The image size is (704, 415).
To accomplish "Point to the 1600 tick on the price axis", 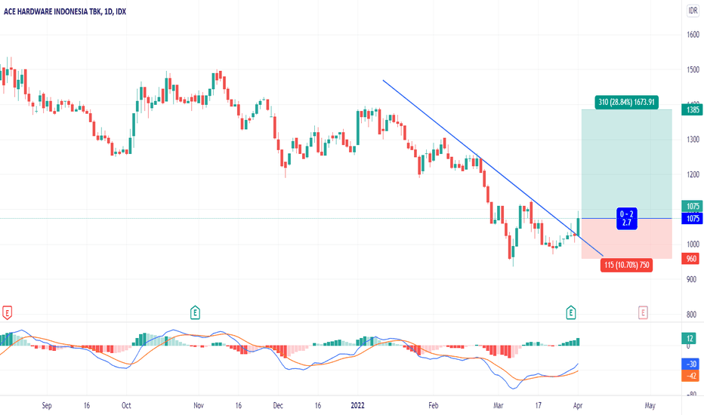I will [x=693, y=34].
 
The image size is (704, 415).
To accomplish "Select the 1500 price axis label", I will [x=693, y=69].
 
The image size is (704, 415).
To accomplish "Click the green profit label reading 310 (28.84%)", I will [x=626, y=102].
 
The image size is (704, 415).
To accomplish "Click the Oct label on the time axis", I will [x=127, y=404].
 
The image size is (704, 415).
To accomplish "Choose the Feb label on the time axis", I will [x=433, y=404].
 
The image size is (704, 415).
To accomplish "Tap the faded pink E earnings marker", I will [x=643, y=311].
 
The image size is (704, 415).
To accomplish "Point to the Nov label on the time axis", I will [x=199, y=404].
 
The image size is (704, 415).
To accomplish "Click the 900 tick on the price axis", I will [x=693, y=279].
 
